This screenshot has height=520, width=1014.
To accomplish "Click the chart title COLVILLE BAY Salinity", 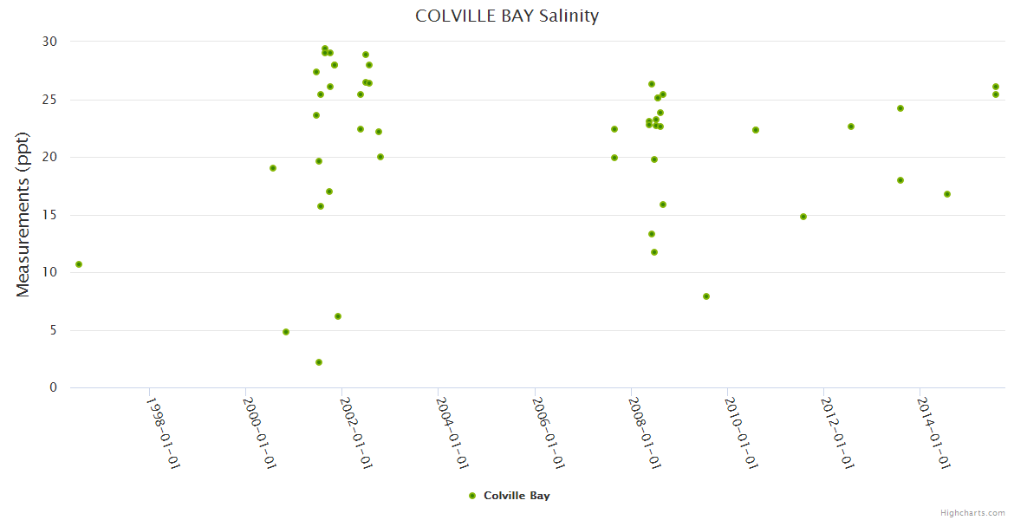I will pos(507,16).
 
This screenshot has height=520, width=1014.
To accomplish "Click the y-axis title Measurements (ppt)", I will pos(23,214).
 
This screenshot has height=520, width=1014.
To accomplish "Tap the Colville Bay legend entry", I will pos(509,496).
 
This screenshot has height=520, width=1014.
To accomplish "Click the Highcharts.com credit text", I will pos(972,513).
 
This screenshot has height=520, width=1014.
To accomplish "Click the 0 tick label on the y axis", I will pos(53,387).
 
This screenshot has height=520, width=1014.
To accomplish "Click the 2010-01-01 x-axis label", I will pos(742,433).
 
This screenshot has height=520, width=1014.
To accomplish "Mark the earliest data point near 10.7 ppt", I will pos(79,264).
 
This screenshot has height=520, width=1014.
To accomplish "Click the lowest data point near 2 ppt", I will pos(319,362).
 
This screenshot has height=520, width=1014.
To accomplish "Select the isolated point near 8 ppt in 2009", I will pos(706,296).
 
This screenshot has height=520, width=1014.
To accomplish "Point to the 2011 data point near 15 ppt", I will pos(803,217).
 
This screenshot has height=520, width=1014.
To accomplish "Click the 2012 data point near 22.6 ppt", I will pos(851,127).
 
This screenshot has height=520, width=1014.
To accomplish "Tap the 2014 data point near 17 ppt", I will pos(947,194).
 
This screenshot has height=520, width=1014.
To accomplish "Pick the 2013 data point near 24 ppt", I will pos(900,108).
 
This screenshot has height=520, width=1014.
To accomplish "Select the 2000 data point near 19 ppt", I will pos(273,168).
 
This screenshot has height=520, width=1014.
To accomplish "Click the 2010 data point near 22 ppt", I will pos(756,130).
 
